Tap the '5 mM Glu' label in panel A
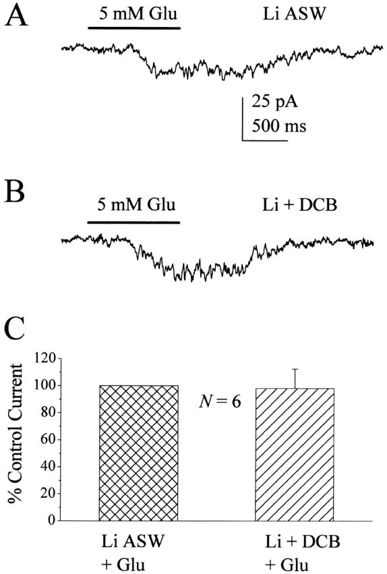(134, 15)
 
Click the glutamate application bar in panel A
(134, 29)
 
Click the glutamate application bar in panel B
(134, 221)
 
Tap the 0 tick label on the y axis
(50, 520)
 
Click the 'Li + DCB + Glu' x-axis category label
(294, 552)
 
